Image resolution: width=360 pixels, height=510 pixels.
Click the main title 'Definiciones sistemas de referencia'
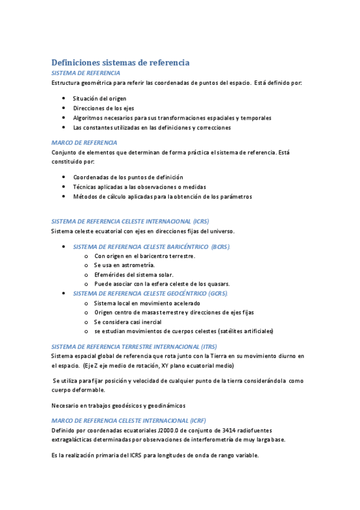tap(120, 62)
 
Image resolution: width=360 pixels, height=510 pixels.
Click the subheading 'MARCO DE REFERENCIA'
tap(84, 143)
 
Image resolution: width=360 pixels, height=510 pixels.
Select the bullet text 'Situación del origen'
tap(100, 98)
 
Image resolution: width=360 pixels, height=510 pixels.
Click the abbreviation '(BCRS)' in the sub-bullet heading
tap(216, 247)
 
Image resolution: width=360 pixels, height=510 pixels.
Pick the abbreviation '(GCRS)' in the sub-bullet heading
tap(216, 293)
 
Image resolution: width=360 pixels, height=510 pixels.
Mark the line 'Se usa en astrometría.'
tap(124, 265)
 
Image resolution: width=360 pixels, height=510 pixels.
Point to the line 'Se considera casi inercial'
tap(128, 322)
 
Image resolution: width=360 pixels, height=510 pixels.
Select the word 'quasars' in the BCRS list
tap(218, 284)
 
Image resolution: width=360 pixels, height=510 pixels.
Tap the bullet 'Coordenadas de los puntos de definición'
tap(128, 177)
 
